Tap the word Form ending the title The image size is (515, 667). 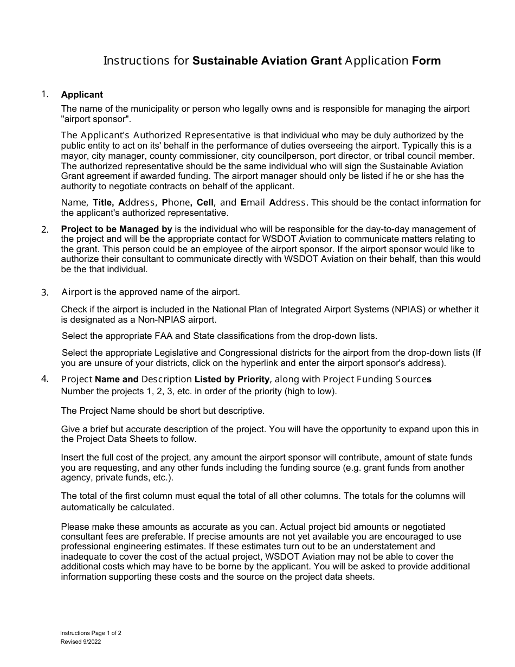pyautogui.click(x=426, y=61)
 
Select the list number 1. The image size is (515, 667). pyautogui.click(x=45, y=94)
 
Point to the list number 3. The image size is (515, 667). pyautogui.click(x=45, y=293)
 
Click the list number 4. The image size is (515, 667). pyautogui.click(x=45, y=379)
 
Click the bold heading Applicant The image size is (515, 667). pyautogui.click(x=82, y=95)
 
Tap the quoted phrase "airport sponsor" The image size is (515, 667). pyautogui.click(x=95, y=119)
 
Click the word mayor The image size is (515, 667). pyautogui.click(x=73, y=156)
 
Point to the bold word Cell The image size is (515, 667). pyautogui.click(x=205, y=203)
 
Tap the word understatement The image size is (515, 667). pyautogui.click(x=385, y=547)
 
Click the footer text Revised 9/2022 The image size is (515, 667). pyautogui.click(x=80, y=642)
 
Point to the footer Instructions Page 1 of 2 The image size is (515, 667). pyautogui.click(x=94, y=633)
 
